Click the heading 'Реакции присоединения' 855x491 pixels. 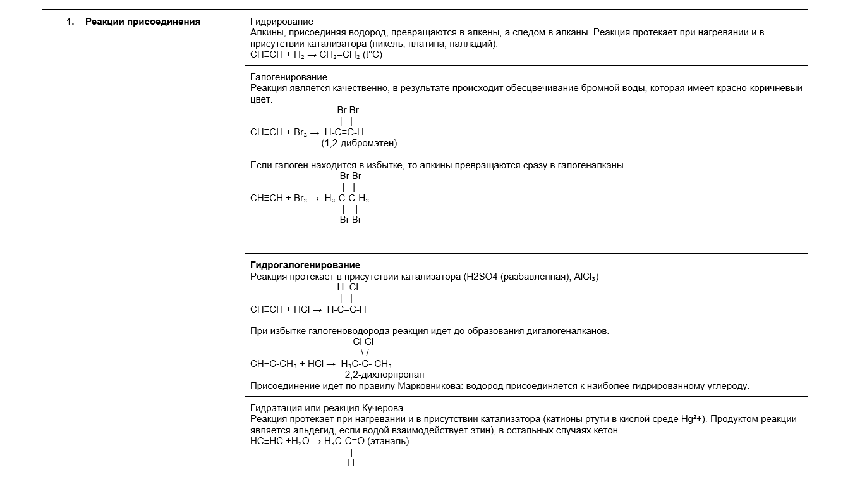(142, 22)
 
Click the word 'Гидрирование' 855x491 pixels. (281, 22)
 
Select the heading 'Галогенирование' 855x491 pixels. (289, 77)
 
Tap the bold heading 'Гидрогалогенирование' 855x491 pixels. (305, 265)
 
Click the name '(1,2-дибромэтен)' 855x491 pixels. (359, 144)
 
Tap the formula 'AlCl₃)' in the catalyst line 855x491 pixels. (586, 277)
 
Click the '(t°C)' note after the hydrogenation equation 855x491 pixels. (373, 55)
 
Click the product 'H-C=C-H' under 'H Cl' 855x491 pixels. (346, 309)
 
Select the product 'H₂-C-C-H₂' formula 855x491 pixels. (347, 198)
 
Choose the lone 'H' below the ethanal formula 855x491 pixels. (351, 464)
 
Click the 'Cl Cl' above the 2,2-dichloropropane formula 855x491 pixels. (363, 342)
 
